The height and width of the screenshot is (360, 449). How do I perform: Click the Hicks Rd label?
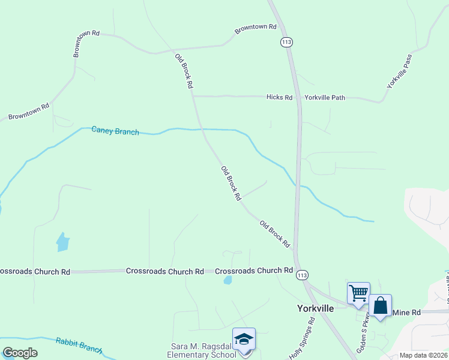[x=279, y=97]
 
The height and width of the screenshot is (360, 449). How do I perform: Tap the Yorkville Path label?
[x=325, y=97]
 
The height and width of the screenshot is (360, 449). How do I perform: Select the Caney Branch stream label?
[x=115, y=131]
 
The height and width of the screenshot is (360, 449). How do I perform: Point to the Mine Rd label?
[x=406, y=313]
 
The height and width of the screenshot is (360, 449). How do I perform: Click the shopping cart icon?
[x=358, y=293]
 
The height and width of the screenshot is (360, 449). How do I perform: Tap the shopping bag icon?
[x=381, y=305]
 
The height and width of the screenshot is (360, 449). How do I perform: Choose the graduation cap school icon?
[x=244, y=338]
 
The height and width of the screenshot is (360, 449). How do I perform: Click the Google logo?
[x=20, y=353]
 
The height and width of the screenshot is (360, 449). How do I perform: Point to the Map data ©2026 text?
[x=424, y=355]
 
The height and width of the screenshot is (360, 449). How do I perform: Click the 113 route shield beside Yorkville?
[x=302, y=274]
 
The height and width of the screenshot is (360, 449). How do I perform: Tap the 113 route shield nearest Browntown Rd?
[x=286, y=42]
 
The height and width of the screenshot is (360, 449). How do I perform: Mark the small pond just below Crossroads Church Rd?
[x=228, y=280]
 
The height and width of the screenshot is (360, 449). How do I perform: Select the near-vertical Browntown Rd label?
[x=77, y=43]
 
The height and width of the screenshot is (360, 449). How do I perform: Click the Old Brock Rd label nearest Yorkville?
[x=275, y=234]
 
